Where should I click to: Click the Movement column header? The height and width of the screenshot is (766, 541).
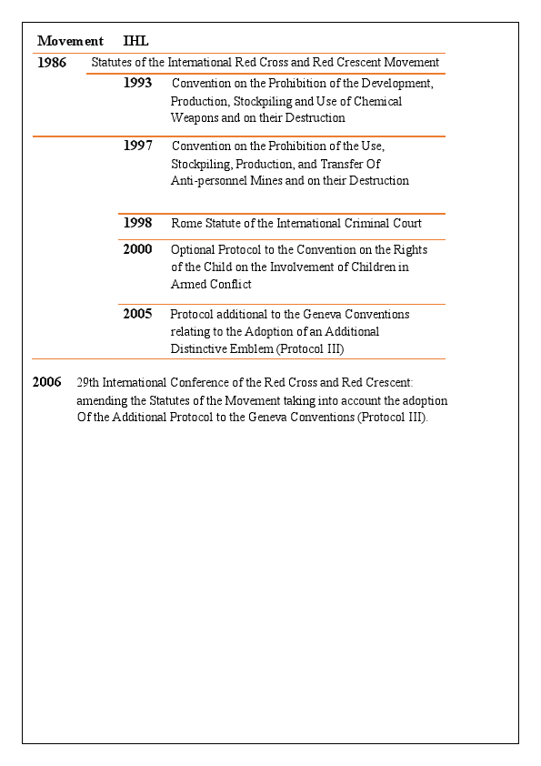(x=70, y=41)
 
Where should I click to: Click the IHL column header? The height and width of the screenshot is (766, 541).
(x=135, y=41)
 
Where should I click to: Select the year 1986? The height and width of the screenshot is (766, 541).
(x=52, y=63)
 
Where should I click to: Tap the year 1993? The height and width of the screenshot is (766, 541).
(x=138, y=83)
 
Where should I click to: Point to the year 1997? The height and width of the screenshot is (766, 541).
(x=138, y=146)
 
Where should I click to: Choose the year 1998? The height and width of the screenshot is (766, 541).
(x=138, y=223)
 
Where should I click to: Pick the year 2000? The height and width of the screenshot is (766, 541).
(x=138, y=249)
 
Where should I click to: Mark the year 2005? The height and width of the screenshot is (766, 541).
(x=138, y=314)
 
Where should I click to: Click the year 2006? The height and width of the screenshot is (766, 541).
(x=47, y=382)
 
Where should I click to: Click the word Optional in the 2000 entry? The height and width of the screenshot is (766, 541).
(x=194, y=249)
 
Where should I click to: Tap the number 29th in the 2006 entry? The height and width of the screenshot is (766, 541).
(x=88, y=383)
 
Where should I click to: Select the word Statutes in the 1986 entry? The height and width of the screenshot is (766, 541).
(x=115, y=63)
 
